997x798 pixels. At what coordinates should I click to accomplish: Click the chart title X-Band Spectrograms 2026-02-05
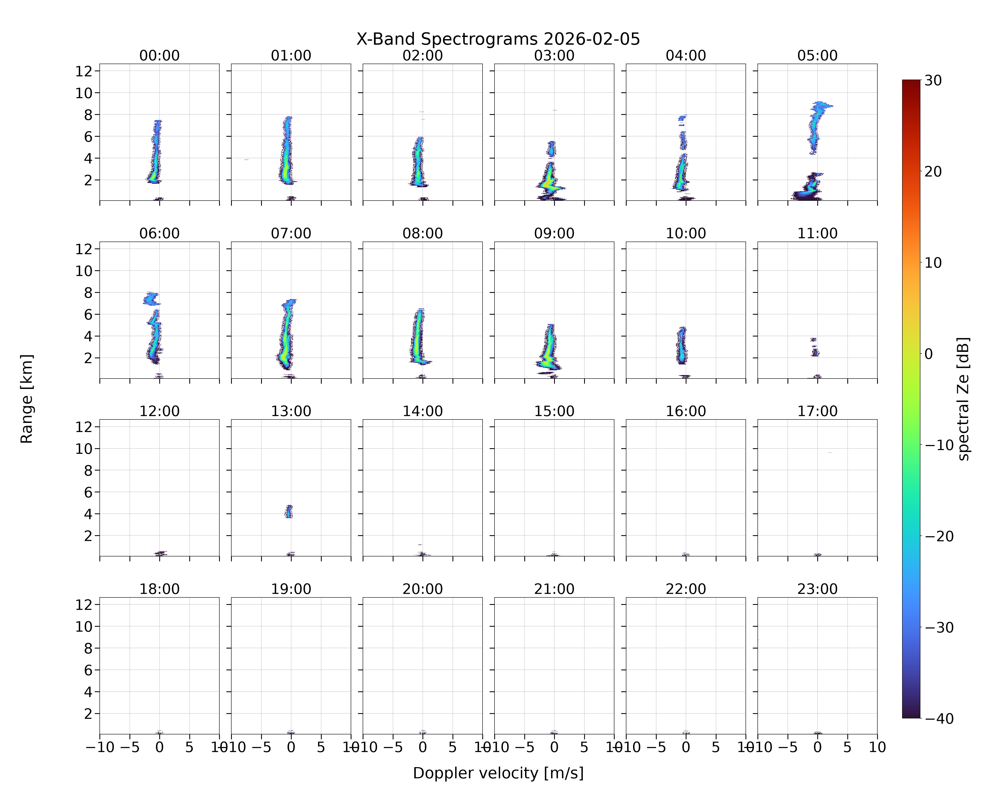point(498,39)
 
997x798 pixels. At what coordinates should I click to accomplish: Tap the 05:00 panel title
point(817,56)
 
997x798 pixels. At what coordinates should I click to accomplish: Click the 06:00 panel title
point(160,233)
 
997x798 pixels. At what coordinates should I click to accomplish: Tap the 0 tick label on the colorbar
point(929,354)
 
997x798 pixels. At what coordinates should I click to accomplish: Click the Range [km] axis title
point(27,399)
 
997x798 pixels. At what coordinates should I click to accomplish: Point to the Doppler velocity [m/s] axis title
point(498,773)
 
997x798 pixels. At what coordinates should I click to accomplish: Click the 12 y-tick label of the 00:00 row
point(84,71)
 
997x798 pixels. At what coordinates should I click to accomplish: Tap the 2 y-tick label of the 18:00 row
point(89,714)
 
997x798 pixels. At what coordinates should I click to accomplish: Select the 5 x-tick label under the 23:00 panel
point(847,747)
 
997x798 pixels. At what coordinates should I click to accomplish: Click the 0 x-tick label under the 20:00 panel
point(423,747)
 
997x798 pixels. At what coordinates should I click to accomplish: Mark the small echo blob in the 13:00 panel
point(289,511)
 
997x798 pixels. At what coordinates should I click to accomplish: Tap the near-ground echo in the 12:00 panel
point(161,553)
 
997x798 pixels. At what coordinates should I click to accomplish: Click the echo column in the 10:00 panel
point(682,345)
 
